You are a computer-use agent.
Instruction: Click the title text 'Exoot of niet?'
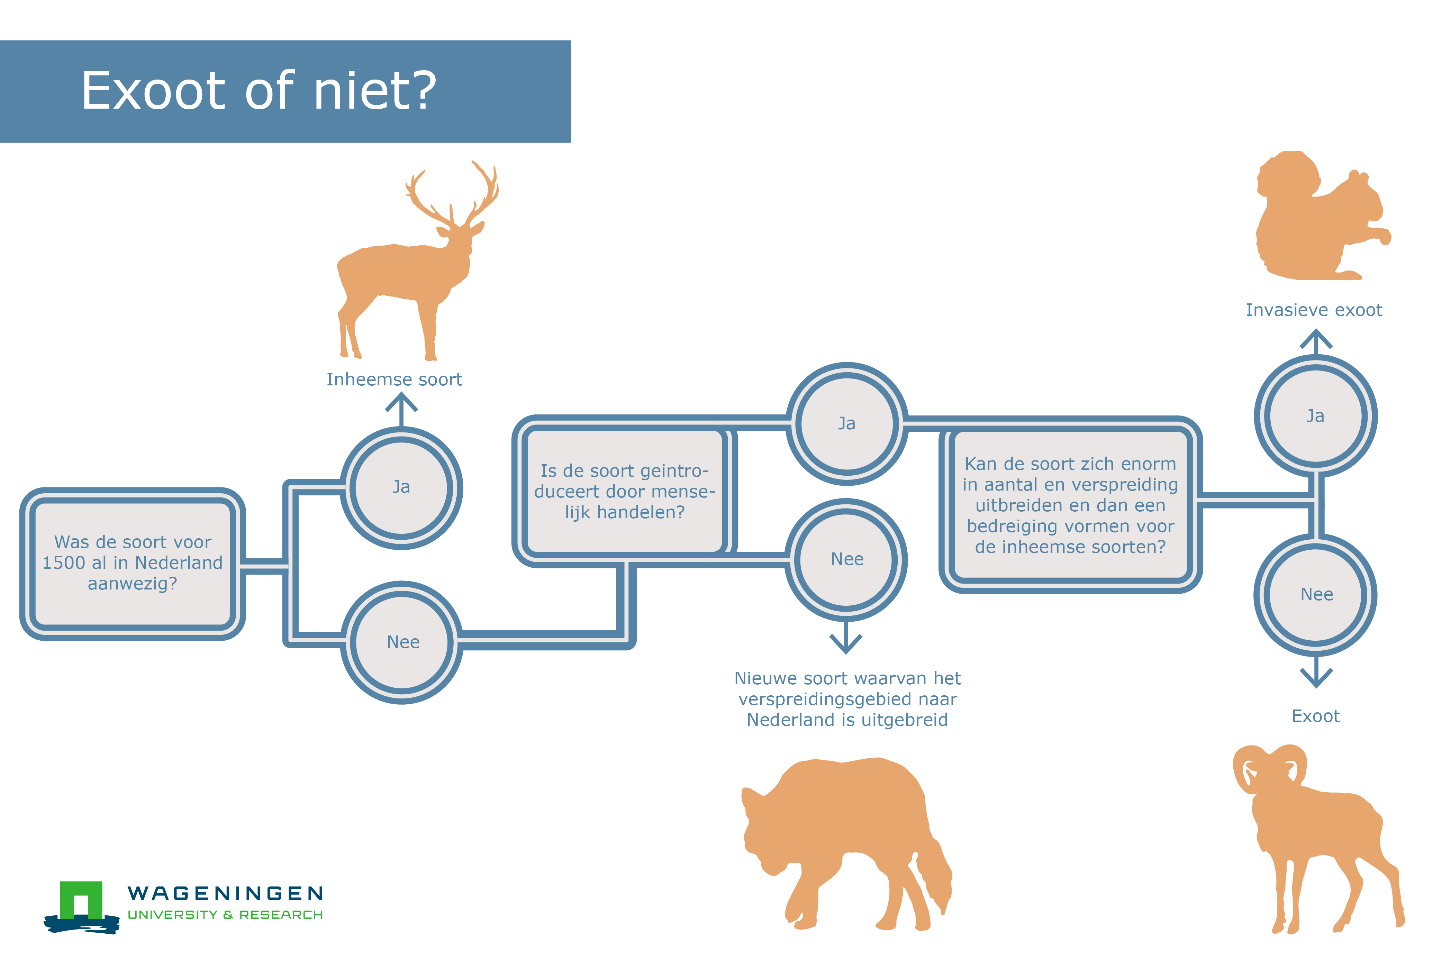(259, 91)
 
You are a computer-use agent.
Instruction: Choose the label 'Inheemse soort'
(394, 379)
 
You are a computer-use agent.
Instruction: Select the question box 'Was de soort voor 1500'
(133, 564)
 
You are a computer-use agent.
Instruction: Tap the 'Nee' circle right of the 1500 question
(402, 642)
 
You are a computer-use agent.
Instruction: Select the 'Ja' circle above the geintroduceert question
(847, 424)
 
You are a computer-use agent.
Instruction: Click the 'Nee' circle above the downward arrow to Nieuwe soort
(847, 559)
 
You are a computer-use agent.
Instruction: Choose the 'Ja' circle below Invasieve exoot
(1316, 416)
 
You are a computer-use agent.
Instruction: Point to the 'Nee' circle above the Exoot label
(1316, 595)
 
